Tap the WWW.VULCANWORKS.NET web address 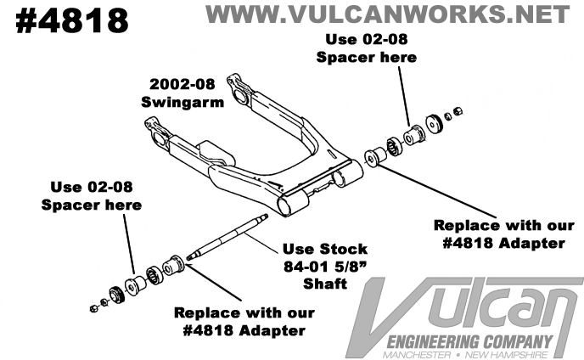click(x=387, y=14)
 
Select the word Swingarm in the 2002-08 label click(x=173, y=103)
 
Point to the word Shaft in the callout click(x=325, y=283)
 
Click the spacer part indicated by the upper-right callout click(x=416, y=135)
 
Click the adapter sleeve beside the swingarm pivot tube click(x=373, y=159)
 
